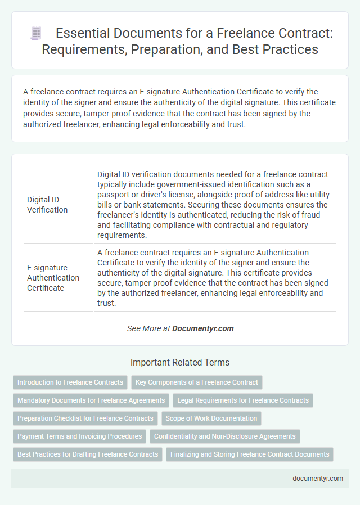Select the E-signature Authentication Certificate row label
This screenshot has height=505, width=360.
coord(53,277)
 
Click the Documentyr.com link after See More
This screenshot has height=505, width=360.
coord(202,328)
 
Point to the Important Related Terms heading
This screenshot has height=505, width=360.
coord(179,362)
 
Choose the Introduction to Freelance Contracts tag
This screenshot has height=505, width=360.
coord(70,382)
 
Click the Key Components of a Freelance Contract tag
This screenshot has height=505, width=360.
coord(197,382)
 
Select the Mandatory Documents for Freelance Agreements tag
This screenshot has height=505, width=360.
coord(91,400)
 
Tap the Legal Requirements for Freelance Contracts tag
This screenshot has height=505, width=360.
coord(242,400)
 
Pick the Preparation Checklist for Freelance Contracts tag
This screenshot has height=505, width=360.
coord(85,418)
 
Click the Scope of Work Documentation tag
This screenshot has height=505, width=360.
coord(211,418)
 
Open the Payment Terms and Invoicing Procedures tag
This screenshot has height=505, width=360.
coord(79,436)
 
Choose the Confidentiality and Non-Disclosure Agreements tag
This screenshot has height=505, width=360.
coord(225,436)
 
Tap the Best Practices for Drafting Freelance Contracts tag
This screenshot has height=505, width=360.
coord(88,454)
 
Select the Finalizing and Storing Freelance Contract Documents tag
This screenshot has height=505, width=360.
coord(250,454)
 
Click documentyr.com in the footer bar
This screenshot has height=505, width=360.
coord(318,479)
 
